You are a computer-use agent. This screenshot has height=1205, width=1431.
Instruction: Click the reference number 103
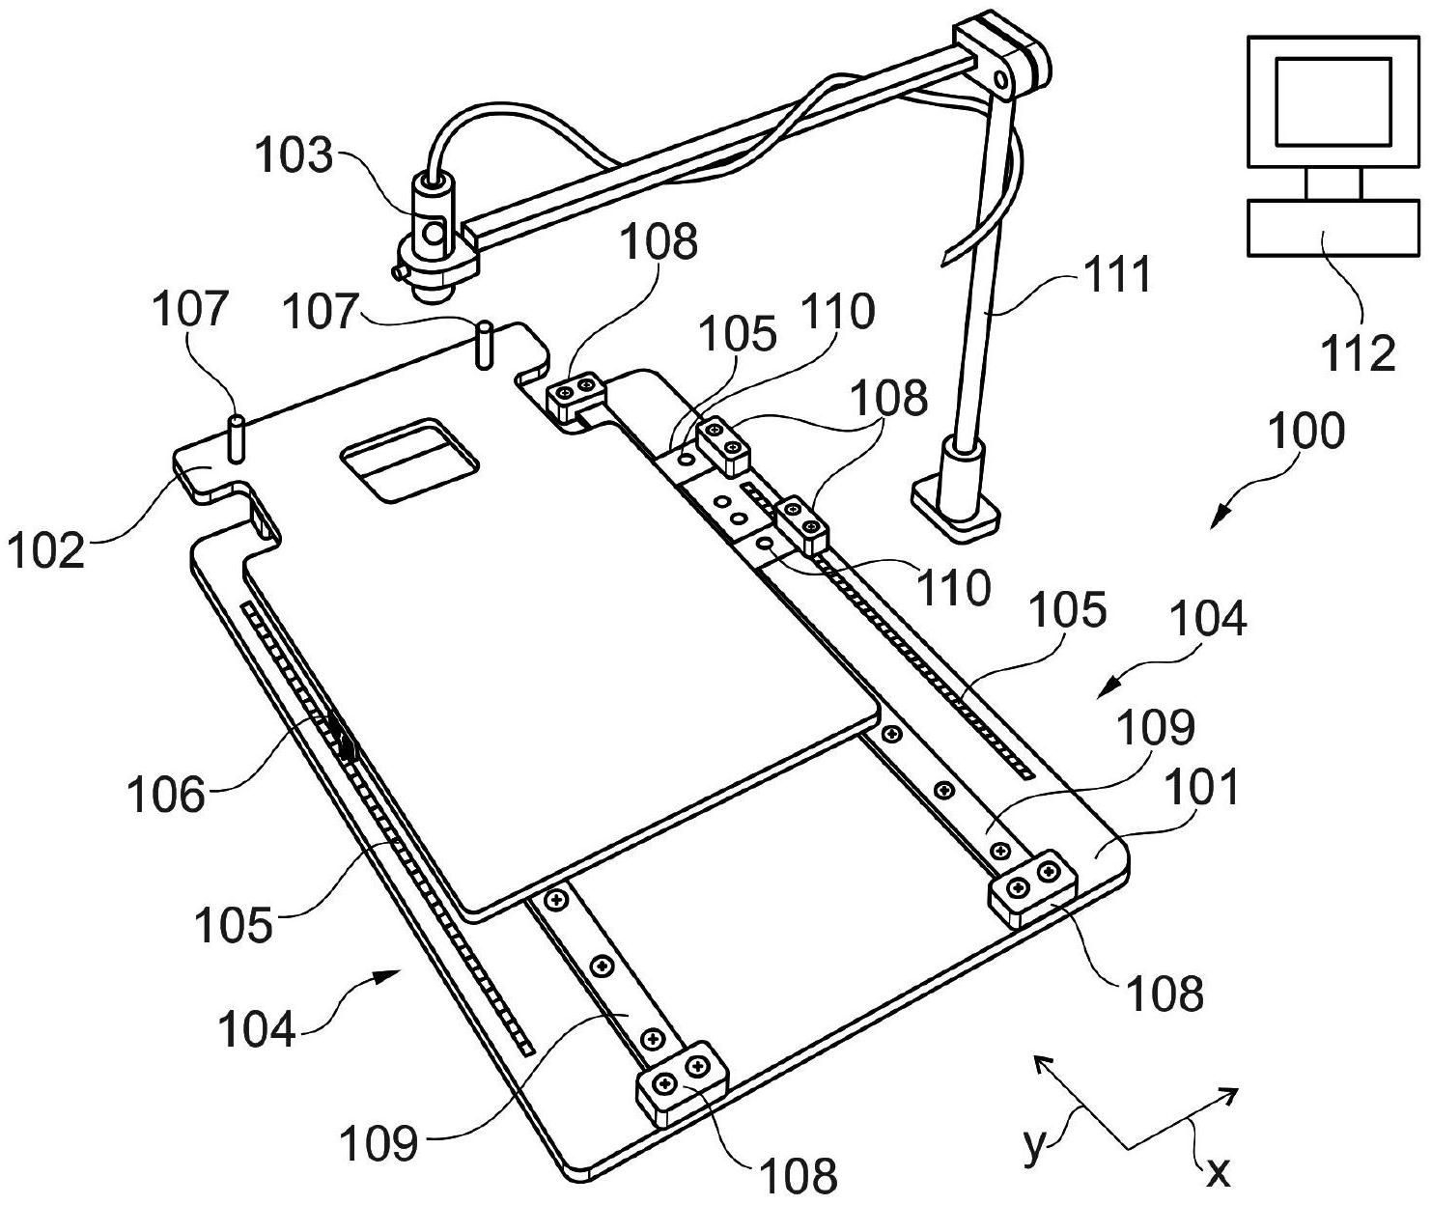(294, 154)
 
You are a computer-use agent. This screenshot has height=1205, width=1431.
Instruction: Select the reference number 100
(1307, 431)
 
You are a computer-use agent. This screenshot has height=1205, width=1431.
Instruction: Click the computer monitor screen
(1333, 100)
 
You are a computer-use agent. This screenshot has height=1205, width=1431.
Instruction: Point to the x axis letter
(1219, 1170)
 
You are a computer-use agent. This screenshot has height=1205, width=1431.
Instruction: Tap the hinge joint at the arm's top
(1004, 60)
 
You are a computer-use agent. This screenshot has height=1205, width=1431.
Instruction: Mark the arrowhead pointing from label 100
(1220, 518)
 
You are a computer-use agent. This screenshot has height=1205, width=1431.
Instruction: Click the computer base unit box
(1333, 228)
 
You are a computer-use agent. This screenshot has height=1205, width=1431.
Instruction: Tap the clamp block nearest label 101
(1031, 886)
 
